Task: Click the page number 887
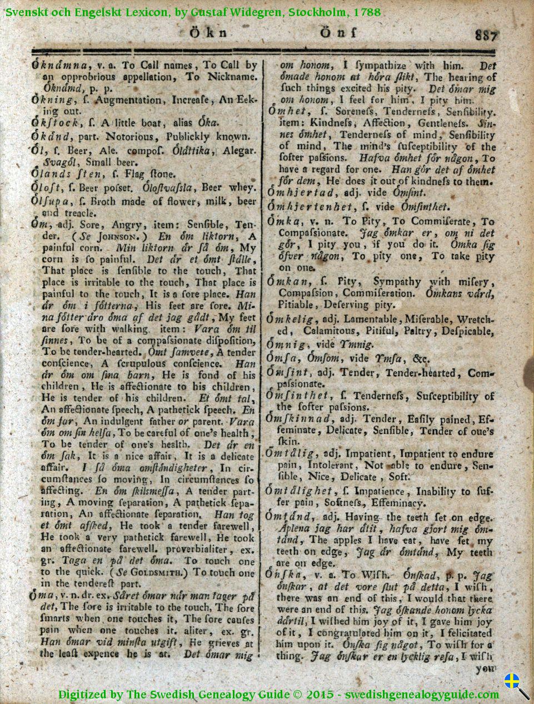click(486, 35)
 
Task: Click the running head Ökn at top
click(208, 33)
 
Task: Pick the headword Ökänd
click(52, 136)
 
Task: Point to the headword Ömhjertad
click(301, 192)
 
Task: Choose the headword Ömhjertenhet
click(311, 207)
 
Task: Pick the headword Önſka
click(285, 575)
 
